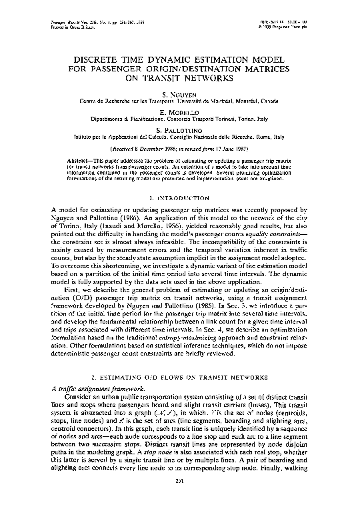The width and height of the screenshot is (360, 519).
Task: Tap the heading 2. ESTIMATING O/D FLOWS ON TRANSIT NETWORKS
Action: click(180, 378)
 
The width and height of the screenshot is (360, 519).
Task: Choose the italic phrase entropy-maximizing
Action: click(177, 340)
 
